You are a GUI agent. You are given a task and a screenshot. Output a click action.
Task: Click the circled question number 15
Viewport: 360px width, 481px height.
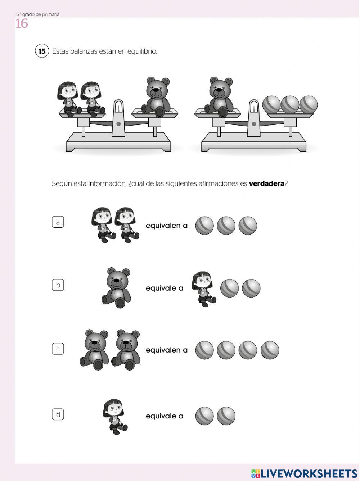[x=42, y=51]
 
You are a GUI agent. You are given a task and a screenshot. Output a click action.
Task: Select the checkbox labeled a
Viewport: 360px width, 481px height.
[x=58, y=222]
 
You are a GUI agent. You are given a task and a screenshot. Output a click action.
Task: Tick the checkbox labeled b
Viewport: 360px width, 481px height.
[x=58, y=285]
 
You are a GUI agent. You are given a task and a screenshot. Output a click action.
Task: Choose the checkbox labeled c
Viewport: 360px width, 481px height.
[x=58, y=349]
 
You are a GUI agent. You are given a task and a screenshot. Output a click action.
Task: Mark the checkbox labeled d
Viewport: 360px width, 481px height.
[x=58, y=414]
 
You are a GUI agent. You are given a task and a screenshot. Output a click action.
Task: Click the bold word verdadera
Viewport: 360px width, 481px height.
[x=266, y=184]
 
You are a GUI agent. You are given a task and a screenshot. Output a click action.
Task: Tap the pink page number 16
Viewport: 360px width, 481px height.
[x=22, y=23]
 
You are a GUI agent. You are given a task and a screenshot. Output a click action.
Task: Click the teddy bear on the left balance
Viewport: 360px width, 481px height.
[x=156, y=96]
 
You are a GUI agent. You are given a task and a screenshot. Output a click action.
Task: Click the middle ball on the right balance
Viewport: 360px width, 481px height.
[x=290, y=104]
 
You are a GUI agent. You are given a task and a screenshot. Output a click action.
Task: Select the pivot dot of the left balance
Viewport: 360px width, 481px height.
[x=118, y=124]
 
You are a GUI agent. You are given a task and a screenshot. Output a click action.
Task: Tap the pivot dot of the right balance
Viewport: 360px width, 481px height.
[x=254, y=124]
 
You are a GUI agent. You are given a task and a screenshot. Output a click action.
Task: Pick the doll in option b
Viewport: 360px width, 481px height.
[x=203, y=289]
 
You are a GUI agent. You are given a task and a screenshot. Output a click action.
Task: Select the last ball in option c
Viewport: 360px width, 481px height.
[x=270, y=350]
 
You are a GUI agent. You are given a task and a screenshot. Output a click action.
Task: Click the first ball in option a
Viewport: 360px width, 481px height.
[x=204, y=226]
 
